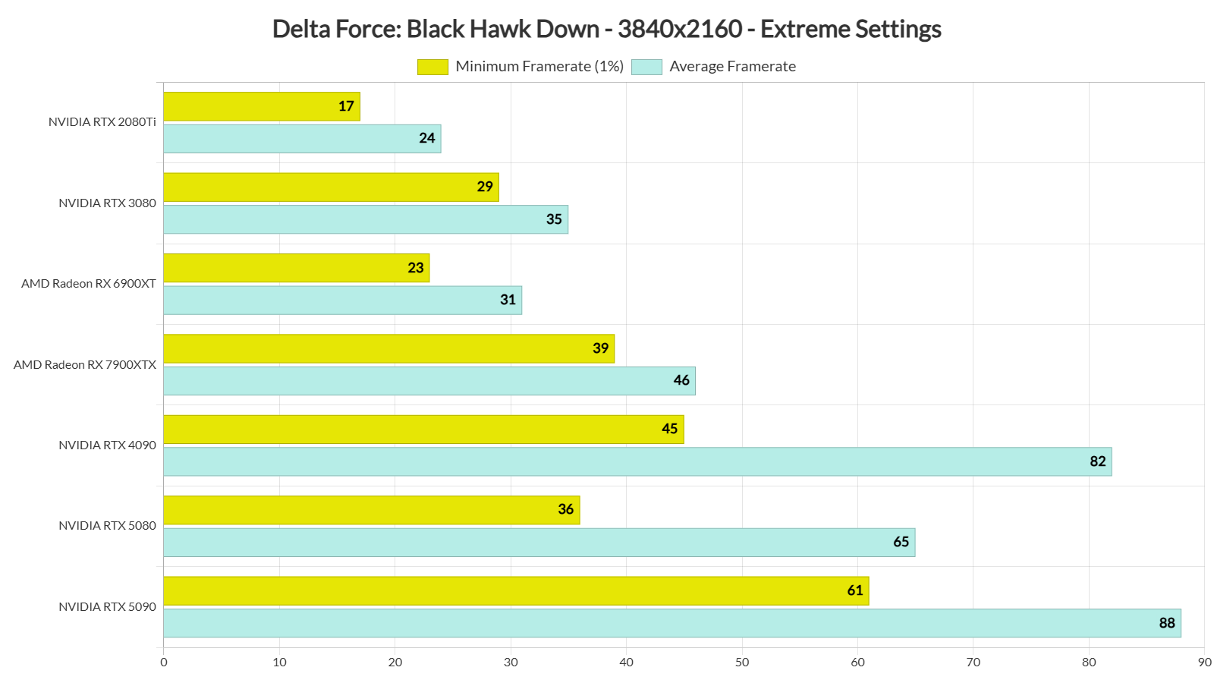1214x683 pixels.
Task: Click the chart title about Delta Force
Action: coord(606,29)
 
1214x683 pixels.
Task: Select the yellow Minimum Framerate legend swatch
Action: coord(432,67)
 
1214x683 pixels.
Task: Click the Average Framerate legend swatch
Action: coord(646,67)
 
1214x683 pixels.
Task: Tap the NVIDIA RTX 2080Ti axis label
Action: coord(102,122)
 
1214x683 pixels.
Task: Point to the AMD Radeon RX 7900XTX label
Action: coord(85,365)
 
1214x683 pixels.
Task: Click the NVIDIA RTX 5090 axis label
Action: coord(107,607)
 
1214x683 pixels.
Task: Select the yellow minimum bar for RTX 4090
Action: coord(423,430)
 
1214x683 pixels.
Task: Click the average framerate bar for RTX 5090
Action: coord(671,623)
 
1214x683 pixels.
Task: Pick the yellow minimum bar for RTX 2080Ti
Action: coord(261,106)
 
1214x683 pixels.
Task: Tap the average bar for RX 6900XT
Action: coord(342,300)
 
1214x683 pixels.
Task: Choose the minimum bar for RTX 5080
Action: coord(371,510)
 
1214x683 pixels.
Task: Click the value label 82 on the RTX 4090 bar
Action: coord(1097,461)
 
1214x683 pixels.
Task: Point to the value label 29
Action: coord(485,187)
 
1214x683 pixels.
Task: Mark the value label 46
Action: coord(681,380)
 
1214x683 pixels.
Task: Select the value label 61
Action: coord(855,590)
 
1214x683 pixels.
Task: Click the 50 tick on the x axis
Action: coord(742,663)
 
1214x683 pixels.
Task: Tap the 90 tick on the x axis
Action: coord(1204,663)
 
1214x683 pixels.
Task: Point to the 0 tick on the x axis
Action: coord(164,663)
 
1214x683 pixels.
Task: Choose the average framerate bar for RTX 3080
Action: coord(365,219)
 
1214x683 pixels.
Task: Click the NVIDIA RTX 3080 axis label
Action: coord(107,203)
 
